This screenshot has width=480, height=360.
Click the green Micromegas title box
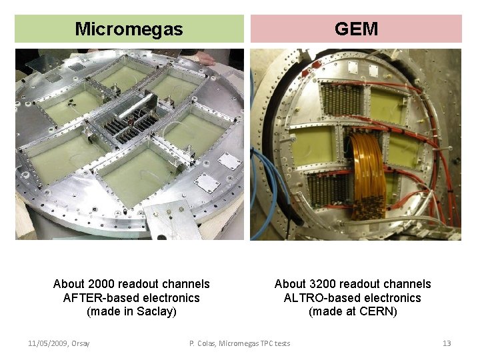[129, 29]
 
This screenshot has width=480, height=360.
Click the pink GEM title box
[356, 29]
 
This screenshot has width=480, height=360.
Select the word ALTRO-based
[315, 298]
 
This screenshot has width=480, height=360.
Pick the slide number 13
[447, 343]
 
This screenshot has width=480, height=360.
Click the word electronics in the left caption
[167, 298]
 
